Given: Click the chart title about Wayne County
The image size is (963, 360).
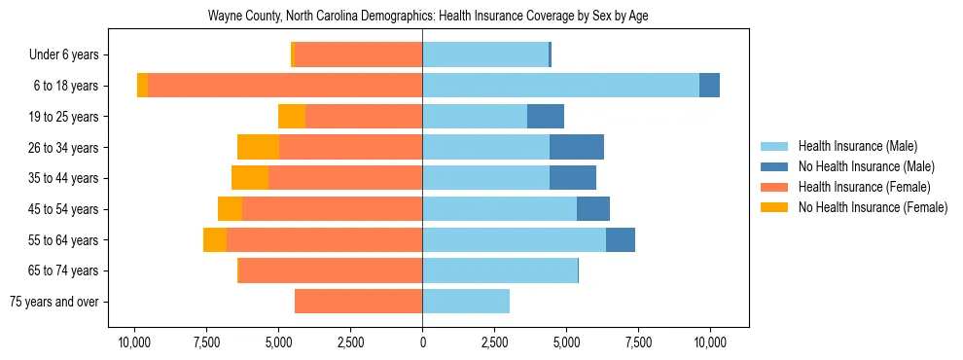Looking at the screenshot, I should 428,17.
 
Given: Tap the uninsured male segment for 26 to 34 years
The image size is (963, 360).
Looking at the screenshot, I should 577,147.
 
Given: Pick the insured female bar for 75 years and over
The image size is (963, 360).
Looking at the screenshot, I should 358,302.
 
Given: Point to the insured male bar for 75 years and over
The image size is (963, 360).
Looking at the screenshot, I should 466,302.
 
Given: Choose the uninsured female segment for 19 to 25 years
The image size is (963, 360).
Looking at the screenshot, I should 292,117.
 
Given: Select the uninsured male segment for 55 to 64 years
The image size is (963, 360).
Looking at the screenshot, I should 621,239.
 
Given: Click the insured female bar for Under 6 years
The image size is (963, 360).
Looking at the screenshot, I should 358,54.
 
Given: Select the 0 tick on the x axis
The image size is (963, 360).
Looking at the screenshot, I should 422,342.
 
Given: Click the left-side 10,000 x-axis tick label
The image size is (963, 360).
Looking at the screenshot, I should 134,342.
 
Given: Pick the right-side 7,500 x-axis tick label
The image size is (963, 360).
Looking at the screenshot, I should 638,342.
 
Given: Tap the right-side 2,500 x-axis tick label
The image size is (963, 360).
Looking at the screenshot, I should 494,342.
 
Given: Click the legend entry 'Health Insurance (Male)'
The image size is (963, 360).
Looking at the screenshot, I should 857,146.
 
